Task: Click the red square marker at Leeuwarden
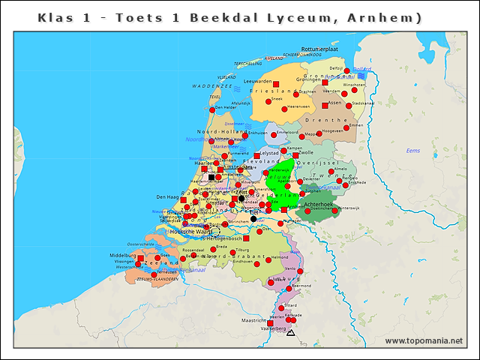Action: click(x=276, y=84)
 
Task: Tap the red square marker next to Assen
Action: click(x=325, y=106)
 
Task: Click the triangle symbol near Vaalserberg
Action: click(x=291, y=332)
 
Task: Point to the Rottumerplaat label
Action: click(x=319, y=49)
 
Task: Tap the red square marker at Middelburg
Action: click(x=140, y=258)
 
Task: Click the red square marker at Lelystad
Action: click(x=257, y=156)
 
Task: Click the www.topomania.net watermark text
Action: click(x=424, y=341)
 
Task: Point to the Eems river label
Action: click(x=412, y=151)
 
